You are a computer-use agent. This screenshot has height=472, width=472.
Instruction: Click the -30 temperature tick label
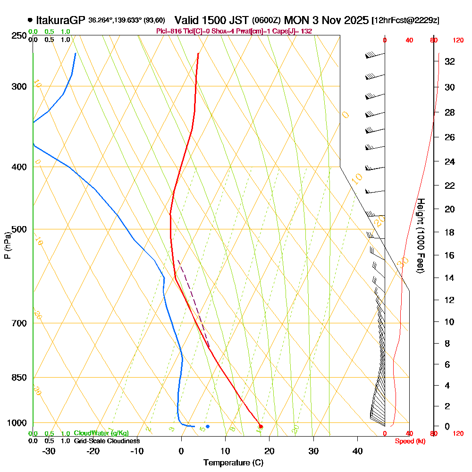[x=49, y=451]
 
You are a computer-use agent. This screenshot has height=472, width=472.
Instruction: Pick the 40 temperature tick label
[x=357, y=451]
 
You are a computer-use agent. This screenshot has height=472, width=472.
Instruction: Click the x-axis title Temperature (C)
[x=233, y=463]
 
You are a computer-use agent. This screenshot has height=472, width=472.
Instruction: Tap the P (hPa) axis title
[x=7, y=245]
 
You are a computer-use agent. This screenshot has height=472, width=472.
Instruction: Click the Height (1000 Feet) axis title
[x=420, y=236]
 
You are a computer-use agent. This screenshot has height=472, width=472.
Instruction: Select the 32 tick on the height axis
[x=449, y=61]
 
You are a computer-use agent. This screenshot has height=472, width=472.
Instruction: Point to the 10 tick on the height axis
[x=449, y=322]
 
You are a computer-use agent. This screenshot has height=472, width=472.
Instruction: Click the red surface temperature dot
[x=261, y=426]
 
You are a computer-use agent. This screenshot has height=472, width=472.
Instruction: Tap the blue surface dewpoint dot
[x=208, y=426]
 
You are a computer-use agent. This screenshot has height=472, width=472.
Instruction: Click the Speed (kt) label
[x=409, y=441]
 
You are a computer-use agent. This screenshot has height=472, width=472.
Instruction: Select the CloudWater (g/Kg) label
[x=101, y=433]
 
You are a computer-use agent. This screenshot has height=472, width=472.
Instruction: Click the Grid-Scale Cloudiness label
[x=107, y=441]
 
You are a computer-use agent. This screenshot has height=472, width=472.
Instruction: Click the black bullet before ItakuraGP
[x=30, y=20]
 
